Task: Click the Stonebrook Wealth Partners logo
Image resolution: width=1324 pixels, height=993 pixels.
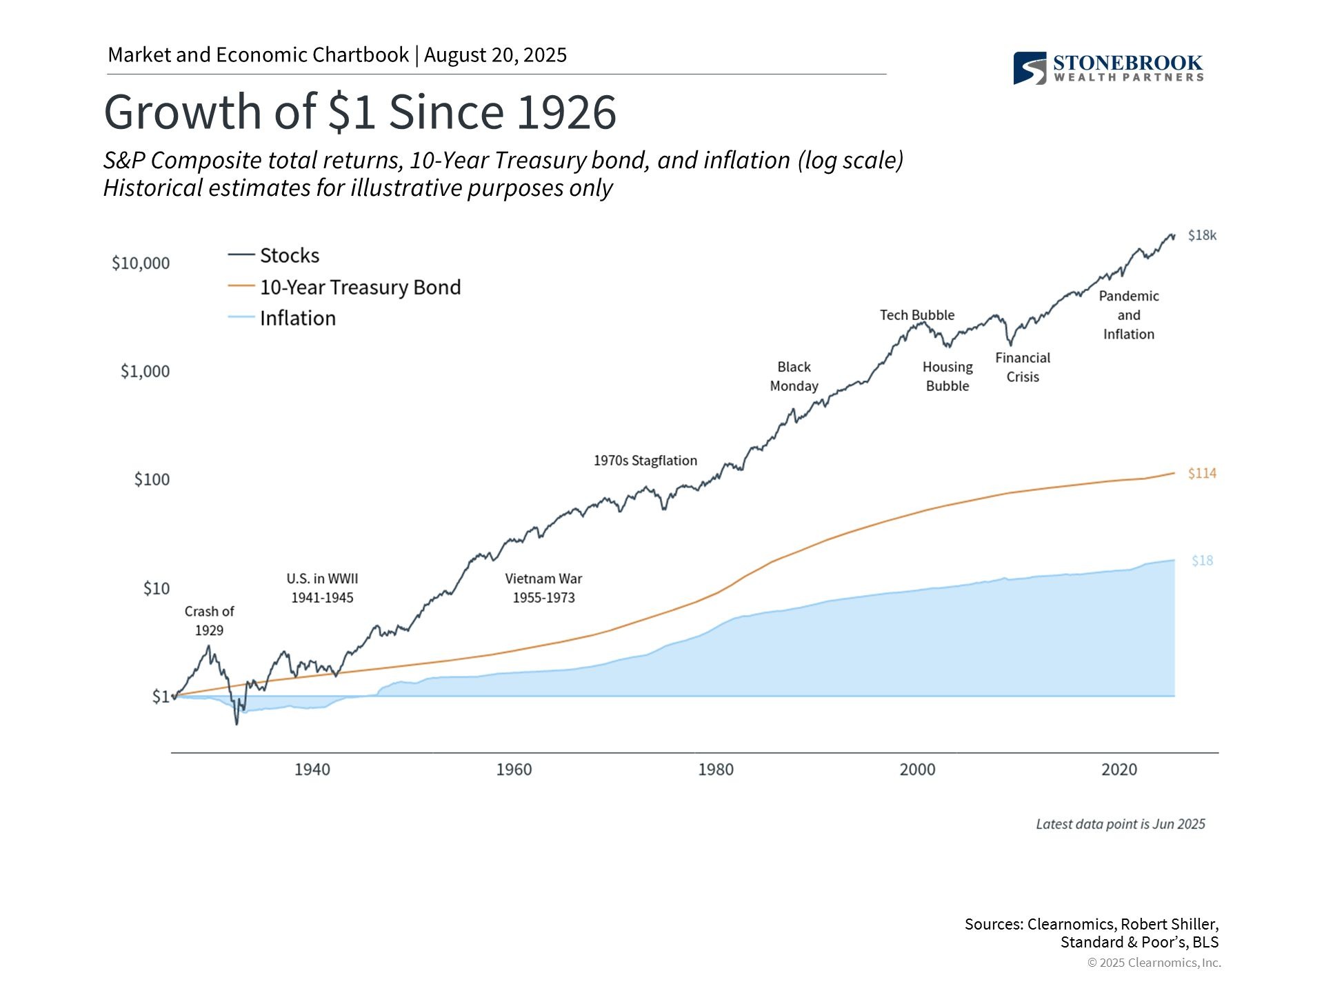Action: point(1107,68)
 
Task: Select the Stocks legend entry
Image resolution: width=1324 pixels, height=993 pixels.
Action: point(289,256)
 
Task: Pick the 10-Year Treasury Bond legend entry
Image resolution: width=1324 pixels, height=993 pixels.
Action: point(359,288)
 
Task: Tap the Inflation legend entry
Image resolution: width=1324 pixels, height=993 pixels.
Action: point(297,319)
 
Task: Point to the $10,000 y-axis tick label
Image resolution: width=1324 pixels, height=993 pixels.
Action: point(141,263)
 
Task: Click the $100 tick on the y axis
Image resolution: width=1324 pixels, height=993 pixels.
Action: point(152,479)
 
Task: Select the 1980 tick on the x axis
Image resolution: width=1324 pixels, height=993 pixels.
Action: point(715,770)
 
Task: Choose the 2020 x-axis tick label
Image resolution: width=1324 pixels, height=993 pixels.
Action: point(1119,770)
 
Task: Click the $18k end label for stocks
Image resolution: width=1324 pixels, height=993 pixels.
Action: point(1202,236)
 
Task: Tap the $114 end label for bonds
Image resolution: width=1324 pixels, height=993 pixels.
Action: point(1202,474)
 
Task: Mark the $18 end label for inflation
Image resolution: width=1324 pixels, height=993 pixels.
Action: point(1202,561)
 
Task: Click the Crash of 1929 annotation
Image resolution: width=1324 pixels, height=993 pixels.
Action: point(209,621)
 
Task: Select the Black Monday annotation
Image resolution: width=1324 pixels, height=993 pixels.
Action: point(794,377)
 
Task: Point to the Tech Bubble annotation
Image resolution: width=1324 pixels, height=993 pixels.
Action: point(916,315)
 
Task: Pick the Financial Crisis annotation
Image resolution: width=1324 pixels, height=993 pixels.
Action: point(1022,368)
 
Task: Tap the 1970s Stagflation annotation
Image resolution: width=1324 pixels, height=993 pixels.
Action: point(645,461)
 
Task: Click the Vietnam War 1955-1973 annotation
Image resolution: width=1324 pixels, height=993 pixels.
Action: point(543,588)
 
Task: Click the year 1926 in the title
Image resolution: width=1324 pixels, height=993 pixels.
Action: point(566,112)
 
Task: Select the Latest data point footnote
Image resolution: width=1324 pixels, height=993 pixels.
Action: point(1120,824)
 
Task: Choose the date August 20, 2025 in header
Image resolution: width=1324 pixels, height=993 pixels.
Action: point(495,55)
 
